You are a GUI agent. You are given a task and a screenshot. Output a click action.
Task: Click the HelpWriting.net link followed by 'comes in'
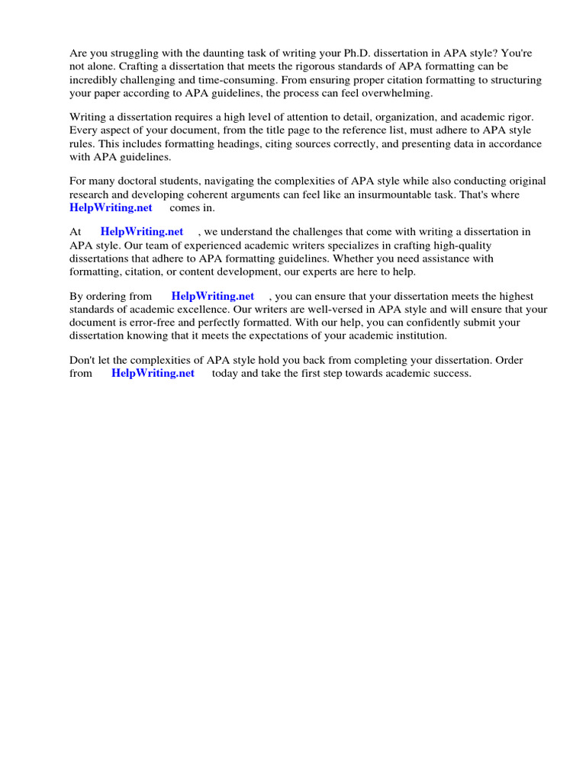(111, 207)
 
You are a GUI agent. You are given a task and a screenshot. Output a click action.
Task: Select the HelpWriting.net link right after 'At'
(141, 231)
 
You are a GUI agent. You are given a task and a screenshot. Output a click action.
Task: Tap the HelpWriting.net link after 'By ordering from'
(212, 296)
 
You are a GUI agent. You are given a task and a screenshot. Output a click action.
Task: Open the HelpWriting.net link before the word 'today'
(153, 373)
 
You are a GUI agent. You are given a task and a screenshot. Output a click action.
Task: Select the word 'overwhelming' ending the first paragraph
(399, 93)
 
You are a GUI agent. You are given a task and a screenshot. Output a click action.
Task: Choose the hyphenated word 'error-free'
(151, 323)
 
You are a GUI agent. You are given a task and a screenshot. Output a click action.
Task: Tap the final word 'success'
(450, 373)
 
